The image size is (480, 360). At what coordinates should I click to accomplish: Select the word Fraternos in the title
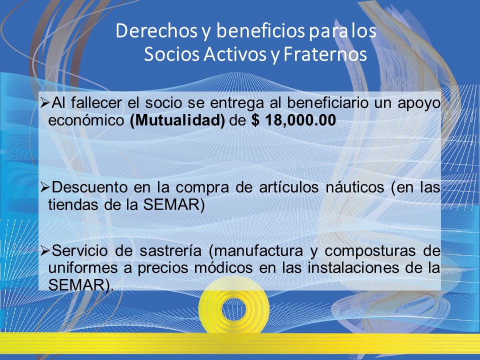pyautogui.click(x=325, y=54)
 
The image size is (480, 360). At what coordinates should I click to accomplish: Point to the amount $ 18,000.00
pyautogui.click(x=293, y=120)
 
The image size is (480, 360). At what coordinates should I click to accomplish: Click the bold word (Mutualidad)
pyautogui.click(x=177, y=120)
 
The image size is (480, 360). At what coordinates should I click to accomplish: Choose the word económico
pyautogui.click(x=86, y=120)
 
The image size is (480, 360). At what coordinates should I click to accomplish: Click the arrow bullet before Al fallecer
pyautogui.click(x=45, y=103)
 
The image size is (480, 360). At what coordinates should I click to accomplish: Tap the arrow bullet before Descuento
pyautogui.click(x=45, y=187)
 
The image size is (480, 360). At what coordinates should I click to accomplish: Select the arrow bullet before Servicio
pyautogui.click(x=45, y=251)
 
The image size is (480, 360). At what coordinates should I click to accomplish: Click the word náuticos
pyautogui.click(x=355, y=187)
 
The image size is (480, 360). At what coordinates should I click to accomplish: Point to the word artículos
pyautogui.click(x=288, y=187)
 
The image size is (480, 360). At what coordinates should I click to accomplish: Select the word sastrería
pyautogui.click(x=170, y=251)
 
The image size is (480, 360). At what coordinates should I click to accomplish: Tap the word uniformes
pyautogui.click(x=82, y=268)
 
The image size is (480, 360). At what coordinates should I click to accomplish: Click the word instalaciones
pyautogui.click(x=353, y=268)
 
